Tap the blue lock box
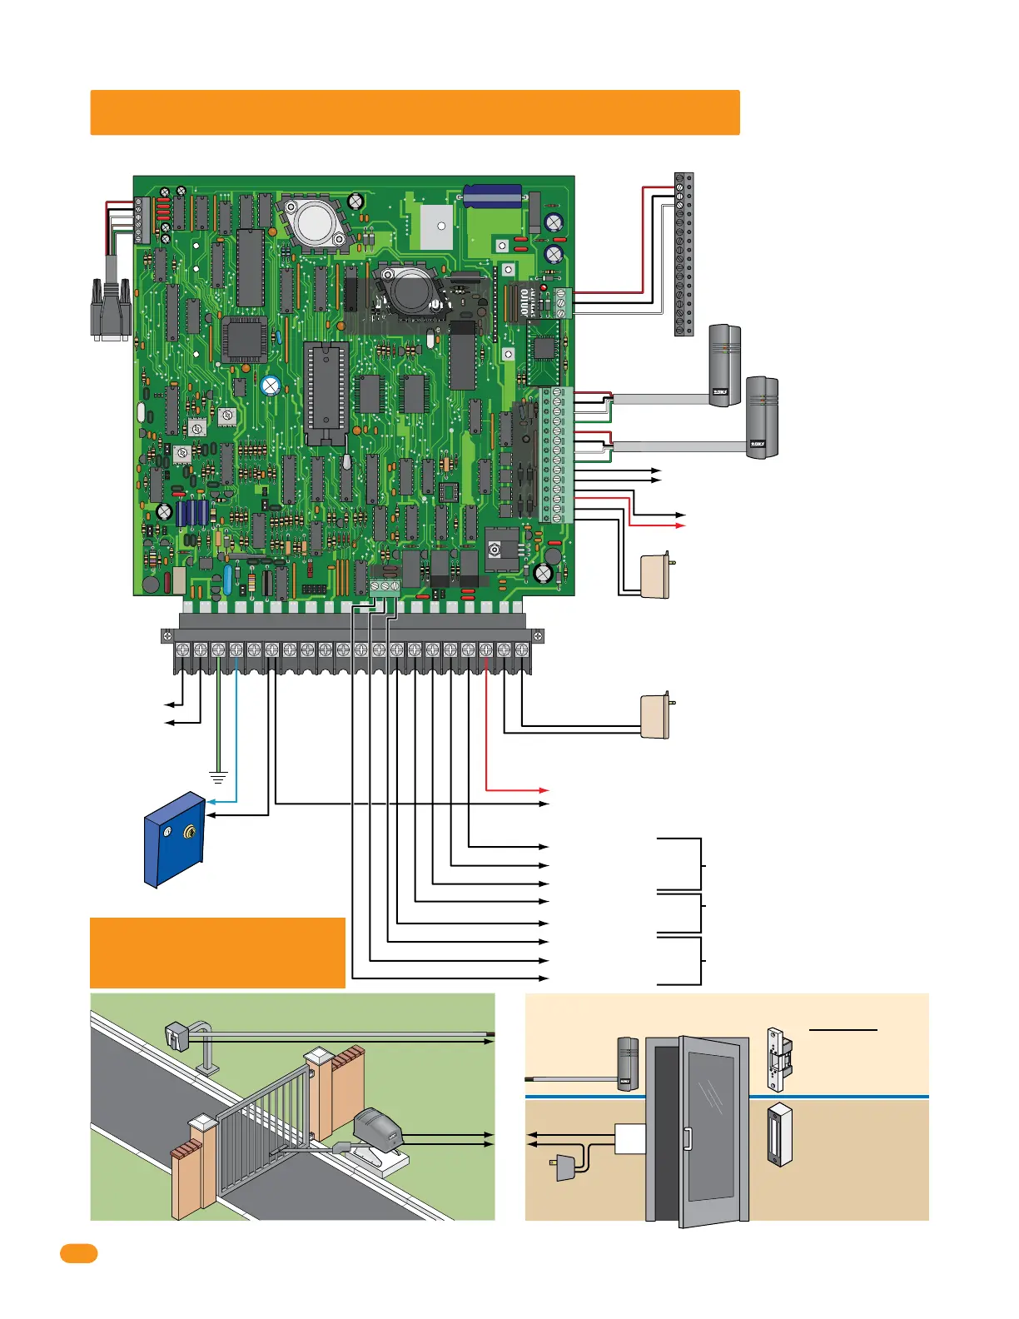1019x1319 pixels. tap(175, 839)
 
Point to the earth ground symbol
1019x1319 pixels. tap(218, 779)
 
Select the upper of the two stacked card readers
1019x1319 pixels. tap(723, 365)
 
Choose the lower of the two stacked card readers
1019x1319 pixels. tap(761, 417)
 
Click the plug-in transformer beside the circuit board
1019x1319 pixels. tap(656, 575)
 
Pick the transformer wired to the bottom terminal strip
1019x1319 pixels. tap(656, 715)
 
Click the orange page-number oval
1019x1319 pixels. tap(78, 1254)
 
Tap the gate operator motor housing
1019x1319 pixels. tap(379, 1127)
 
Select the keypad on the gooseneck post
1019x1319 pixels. tap(178, 1038)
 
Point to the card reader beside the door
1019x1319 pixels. tap(628, 1064)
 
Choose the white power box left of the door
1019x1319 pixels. tap(629, 1138)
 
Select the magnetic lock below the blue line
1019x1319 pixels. tap(779, 1134)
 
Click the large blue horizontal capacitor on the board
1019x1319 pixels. tap(493, 197)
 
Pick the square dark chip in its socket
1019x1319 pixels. tap(245, 339)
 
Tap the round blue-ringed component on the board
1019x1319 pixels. tap(270, 386)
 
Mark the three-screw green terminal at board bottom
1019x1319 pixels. tap(385, 586)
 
